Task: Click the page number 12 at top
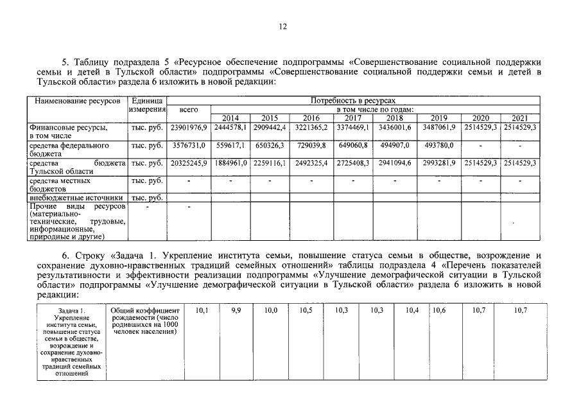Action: pos(282,26)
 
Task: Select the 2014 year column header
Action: pos(229,118)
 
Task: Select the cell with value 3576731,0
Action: pos(188,146)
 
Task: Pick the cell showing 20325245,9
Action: pos(188,164)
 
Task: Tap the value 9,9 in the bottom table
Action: pos(236,310)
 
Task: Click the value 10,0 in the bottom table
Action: pos(271,310)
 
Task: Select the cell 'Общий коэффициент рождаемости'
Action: pos(144,321)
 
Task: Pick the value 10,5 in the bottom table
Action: pos(306,310)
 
